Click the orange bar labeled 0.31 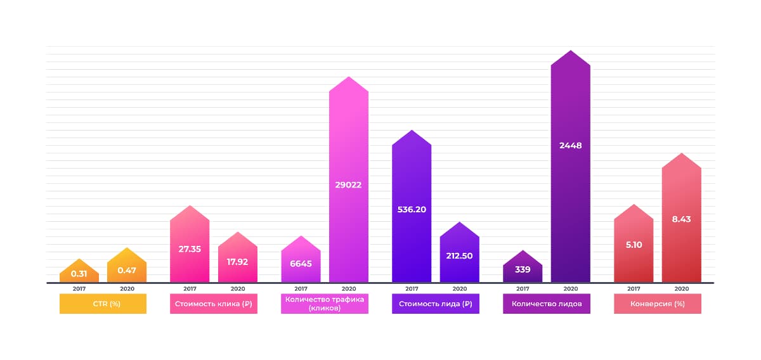[79, 273]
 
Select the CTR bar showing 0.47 [127, 269]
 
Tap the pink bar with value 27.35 [190, 249]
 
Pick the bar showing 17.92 [237, 261]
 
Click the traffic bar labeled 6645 [301, 263]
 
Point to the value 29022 [348, 185]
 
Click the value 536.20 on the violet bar [412, 209]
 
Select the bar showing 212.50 [459, 256]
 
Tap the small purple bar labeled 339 [523, 269]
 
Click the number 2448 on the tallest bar [570, 145]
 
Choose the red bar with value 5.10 [634, 245]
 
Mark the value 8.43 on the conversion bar [681, 219]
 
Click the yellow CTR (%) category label [103, 304]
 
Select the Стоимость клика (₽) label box [214, 304]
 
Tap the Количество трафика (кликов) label [325, 304]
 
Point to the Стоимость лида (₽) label [436, 304]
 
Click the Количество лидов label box [547, 304]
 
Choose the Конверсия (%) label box [658, 304]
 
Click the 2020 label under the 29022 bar [348, 289]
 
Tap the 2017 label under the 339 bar [523, 289]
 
